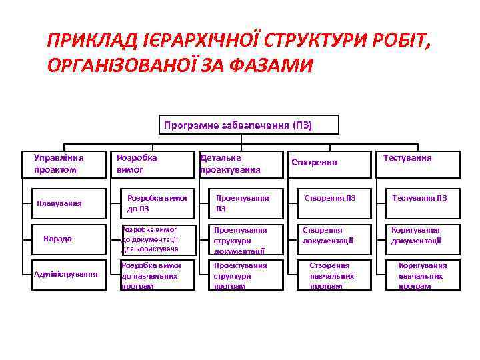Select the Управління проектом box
[64, 164]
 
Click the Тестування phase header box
[418, 164]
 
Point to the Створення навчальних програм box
[331, 275]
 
